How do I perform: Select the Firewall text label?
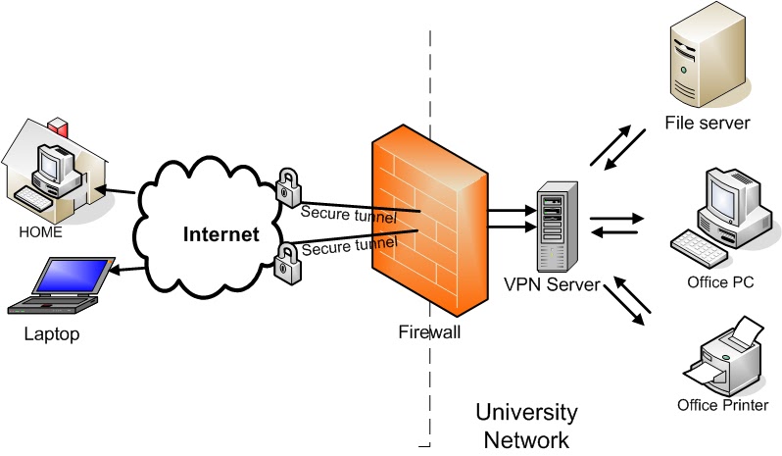[429, 331]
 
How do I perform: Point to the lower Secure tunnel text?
[348, 243]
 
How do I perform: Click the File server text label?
[707, 124]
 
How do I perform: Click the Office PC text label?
[720, 282]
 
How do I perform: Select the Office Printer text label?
[722, 405]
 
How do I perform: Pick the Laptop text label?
[52, 334]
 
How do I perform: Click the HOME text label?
[39, 232]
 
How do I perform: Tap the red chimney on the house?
[60, 127]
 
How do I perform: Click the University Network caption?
[526, 425]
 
